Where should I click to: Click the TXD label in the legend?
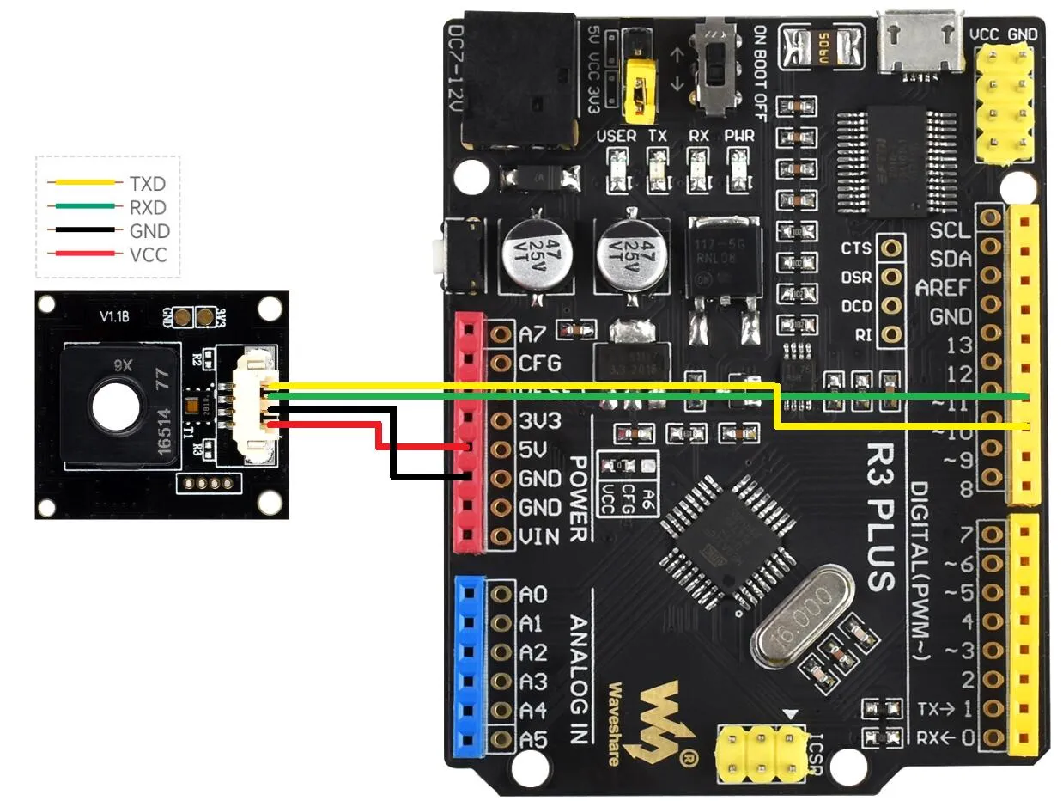click(x=147, y=183)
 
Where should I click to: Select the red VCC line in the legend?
click(x=82, y=254)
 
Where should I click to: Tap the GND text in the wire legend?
click(x=149, y=231)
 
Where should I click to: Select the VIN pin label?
click(x=540, y=537)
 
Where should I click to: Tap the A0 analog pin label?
click(x=533, y=594)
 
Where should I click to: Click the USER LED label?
click(x=616, y=136)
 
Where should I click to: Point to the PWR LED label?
click(x=739, y=136)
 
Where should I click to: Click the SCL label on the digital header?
click(x=951, y=231)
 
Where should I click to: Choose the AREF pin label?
click(x=944, y=288)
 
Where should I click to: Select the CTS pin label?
click(x=856, y=249)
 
